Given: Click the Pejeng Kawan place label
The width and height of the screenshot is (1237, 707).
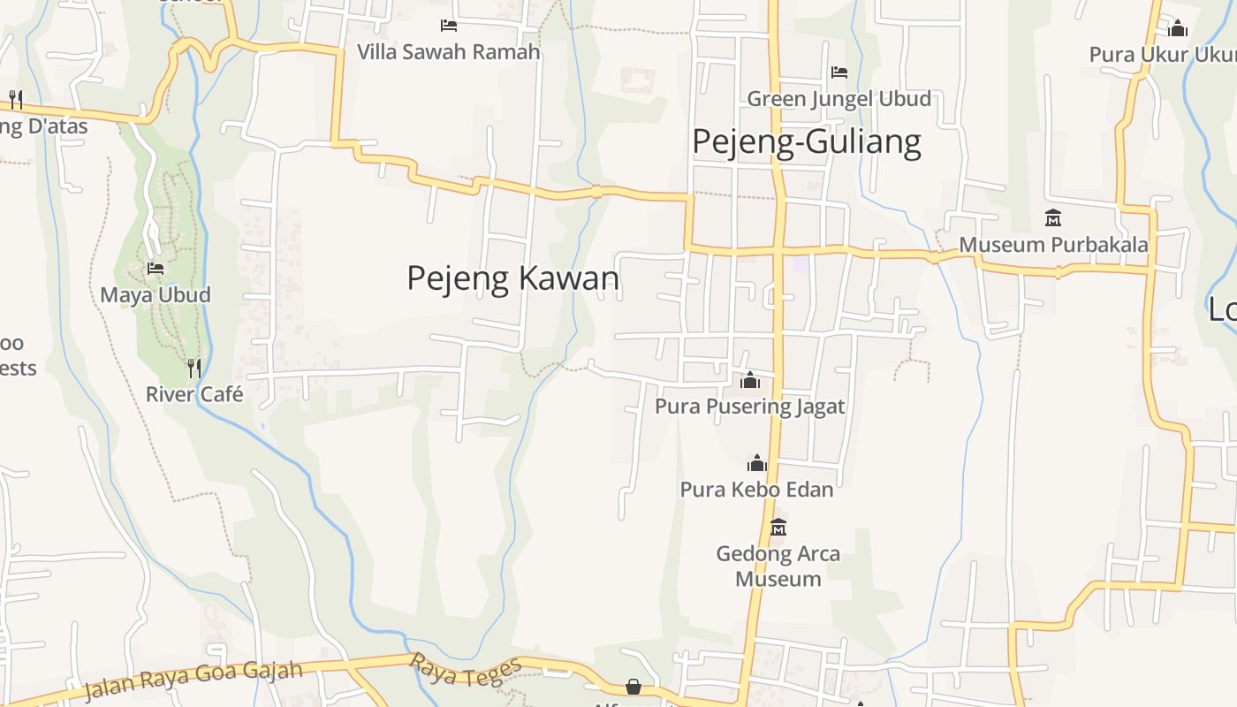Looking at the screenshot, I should click(x=512, y=278).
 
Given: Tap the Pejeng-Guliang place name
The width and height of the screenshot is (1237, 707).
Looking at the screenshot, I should click(x=806, y=141).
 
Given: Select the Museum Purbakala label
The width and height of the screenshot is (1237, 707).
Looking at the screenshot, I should click(x=1053, y=245).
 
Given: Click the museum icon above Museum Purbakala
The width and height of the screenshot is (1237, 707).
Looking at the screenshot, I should click(x=1052, y=217).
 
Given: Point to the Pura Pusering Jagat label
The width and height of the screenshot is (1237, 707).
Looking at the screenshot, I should click(x=749, y=407).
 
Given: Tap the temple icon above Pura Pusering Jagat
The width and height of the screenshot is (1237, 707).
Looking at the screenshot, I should click(x=750, y=380).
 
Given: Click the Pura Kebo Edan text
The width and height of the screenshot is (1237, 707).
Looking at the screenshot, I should click(x=756, y=489).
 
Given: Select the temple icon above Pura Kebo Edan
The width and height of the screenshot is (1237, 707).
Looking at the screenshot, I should click(x=756, y=463).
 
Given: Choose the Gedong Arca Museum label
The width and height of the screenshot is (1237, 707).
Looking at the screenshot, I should click(x=778, y=566).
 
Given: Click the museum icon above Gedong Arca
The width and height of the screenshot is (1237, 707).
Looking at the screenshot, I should click(x=778, y=527).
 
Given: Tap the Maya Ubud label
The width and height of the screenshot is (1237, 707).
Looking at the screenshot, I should click(x=156, y=294).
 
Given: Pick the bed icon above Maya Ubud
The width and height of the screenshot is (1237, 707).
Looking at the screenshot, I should click(x=156, y=268).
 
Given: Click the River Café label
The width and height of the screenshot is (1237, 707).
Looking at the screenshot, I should click(x=194, y=394).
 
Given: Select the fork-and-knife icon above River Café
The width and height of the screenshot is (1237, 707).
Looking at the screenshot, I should click(x=194, y=368).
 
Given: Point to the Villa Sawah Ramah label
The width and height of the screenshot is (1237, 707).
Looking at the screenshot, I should click(x=448, y=51).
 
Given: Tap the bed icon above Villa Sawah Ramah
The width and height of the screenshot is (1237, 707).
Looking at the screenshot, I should click(x=449, y=25).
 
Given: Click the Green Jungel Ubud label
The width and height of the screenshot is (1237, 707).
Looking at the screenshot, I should click(x=839, y=98).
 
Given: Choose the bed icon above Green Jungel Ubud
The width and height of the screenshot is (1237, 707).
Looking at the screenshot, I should click(x=839, y=72).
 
